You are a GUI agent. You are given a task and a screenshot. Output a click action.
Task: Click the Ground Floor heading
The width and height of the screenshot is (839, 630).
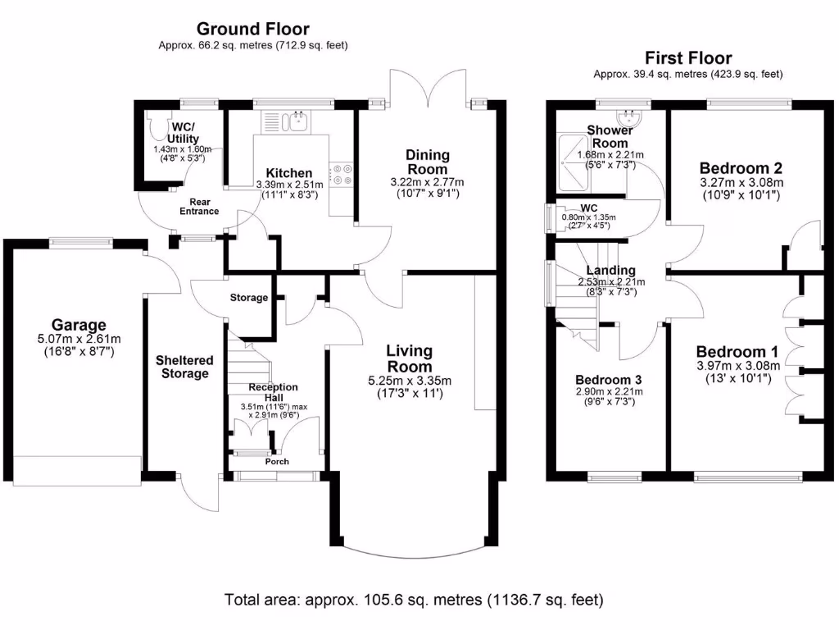pyautogui.click(x=253, y=30)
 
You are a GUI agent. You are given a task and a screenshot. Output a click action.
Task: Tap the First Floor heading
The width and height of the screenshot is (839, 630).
pyautogui.click(x=688, y=57)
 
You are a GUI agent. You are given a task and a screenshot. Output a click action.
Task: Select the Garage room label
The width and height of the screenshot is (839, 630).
pyautogui.click(x=79, y=326)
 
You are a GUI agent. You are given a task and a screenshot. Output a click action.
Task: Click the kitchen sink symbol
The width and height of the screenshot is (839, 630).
pyautogui.click(x=293, y=122)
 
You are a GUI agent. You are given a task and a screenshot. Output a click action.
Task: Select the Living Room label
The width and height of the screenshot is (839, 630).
pyautogui.click(x=410, y=358)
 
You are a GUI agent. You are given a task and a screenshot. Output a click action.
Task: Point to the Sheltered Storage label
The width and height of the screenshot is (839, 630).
pyautogui.click(x=184, y=367)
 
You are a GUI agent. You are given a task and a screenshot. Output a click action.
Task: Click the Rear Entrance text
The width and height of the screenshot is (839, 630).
pyautogui.click(x=199, y=206)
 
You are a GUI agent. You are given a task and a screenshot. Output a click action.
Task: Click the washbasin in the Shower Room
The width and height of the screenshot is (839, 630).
pyautogui.click(x=631, y=117)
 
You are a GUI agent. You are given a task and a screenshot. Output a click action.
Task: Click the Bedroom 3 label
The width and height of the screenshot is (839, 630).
pyautogui.click(x=608, y=380)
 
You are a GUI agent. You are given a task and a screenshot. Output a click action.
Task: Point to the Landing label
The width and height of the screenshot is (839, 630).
pyautogui.click(x=610, y=271)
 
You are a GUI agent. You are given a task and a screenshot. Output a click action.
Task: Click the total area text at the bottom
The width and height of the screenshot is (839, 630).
pyautogui.click(x=414, y=600)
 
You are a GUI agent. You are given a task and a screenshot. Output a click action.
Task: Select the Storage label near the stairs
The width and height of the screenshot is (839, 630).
pyautogui.click(x=248, y=298)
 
